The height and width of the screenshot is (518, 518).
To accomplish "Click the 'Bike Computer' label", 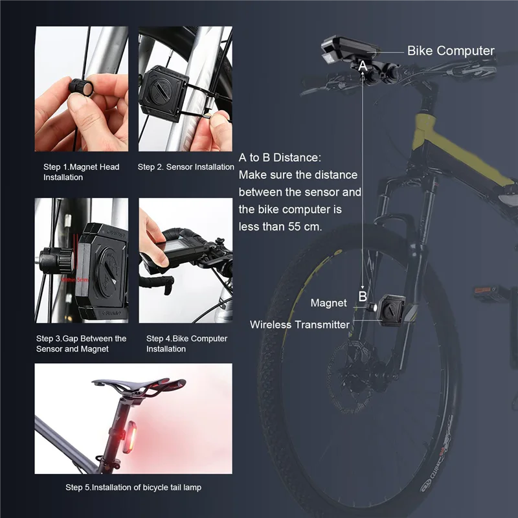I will point(451,51).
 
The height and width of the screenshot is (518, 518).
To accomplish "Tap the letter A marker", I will point(363,65).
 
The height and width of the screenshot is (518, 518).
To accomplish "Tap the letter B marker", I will point(363,297).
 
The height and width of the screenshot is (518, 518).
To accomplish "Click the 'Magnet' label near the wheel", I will point(328,303).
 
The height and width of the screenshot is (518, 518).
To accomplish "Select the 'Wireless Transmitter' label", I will point(300,324).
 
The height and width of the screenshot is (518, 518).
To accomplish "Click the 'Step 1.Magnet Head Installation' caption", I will point(81,172).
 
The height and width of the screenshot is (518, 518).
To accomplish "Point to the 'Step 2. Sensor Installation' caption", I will point(186,167).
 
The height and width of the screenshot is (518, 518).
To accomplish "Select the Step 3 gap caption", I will point(81,344).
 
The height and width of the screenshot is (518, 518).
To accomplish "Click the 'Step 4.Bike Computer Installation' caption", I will point(186,344).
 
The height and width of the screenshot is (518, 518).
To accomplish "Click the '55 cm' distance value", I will point(304,227).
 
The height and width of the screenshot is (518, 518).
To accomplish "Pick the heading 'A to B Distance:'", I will point(280,158).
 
